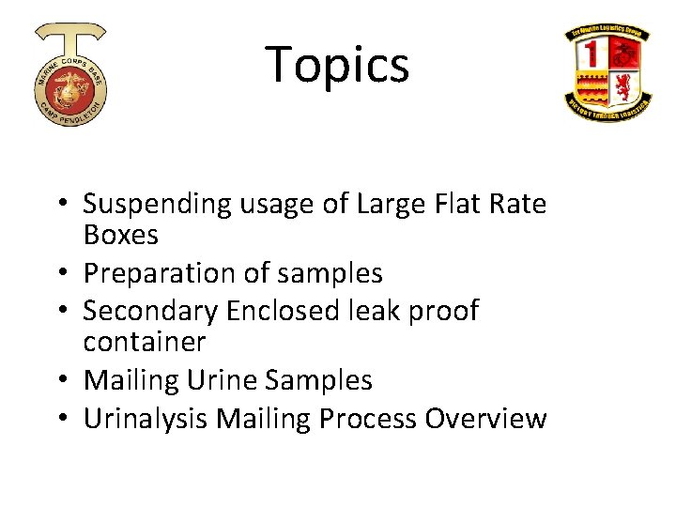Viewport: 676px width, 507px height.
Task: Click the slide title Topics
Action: coord(338,65)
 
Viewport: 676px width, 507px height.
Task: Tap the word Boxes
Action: coord(120,234)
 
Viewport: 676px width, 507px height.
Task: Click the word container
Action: coord(144,342)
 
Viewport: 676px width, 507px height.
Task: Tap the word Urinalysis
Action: coord(146,418)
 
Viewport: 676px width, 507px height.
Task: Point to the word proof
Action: coord(441,311)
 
